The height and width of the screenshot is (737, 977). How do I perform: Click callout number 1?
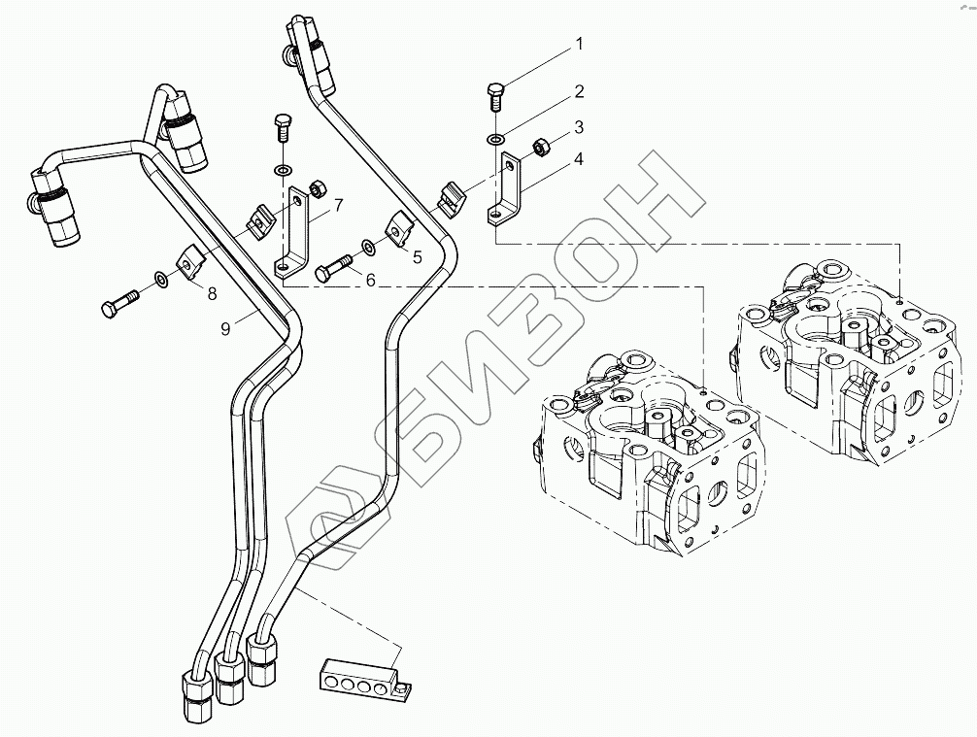pyautogui.click(x=579, y=43)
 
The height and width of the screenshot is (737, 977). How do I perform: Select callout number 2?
pyautogui.click(x=579, y=92)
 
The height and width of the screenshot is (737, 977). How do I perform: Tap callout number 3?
pyautogui.click(x=579, y=126)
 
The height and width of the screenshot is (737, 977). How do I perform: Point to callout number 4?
pyautogui.click(x=579, y=158)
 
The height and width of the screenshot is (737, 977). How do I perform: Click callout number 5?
pyautogui.click(x=417, y=258)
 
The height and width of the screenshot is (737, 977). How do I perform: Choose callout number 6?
pyautogui.click(x=369, y=279)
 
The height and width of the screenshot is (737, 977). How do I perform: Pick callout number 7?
pyautogui.click(x=339, y=205)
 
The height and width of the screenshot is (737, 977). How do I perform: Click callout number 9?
pyautogui.click(x=225, y=328)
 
